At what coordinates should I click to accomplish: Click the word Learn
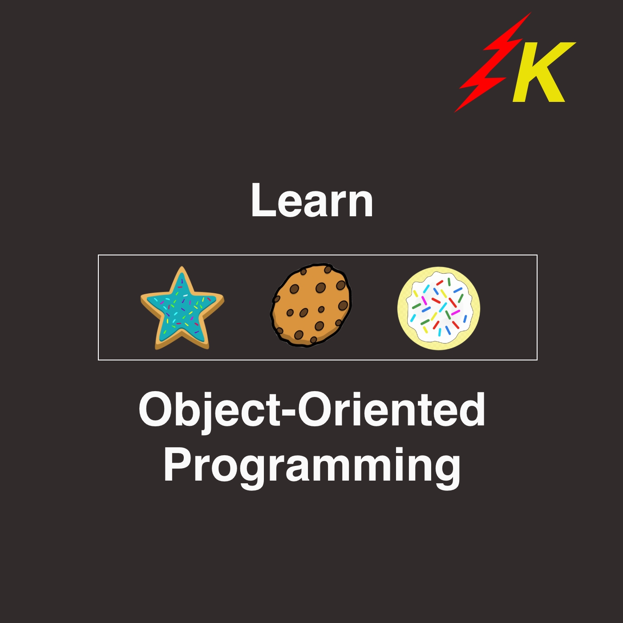[312, 200]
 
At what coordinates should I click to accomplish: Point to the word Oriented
[392, 409]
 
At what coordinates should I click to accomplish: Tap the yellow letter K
[543, 72]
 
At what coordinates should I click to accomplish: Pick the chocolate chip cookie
[311, 305]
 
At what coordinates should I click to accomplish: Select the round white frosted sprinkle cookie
[439, 308]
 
